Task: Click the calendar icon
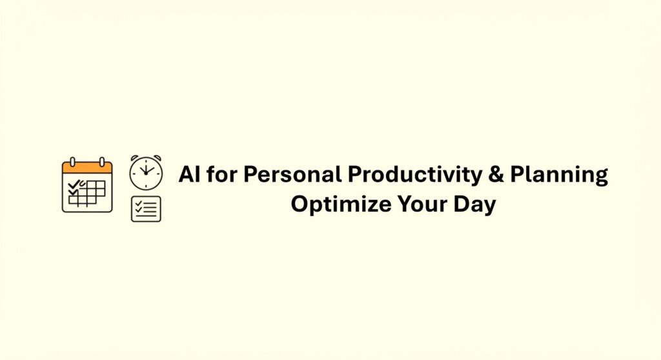[x=87, y=186]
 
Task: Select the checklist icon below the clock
[x=146, y=209]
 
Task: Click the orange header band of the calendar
[x=87, y=168]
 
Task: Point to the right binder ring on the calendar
[x=102, y=161]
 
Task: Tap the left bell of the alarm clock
[x=134, y=159]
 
